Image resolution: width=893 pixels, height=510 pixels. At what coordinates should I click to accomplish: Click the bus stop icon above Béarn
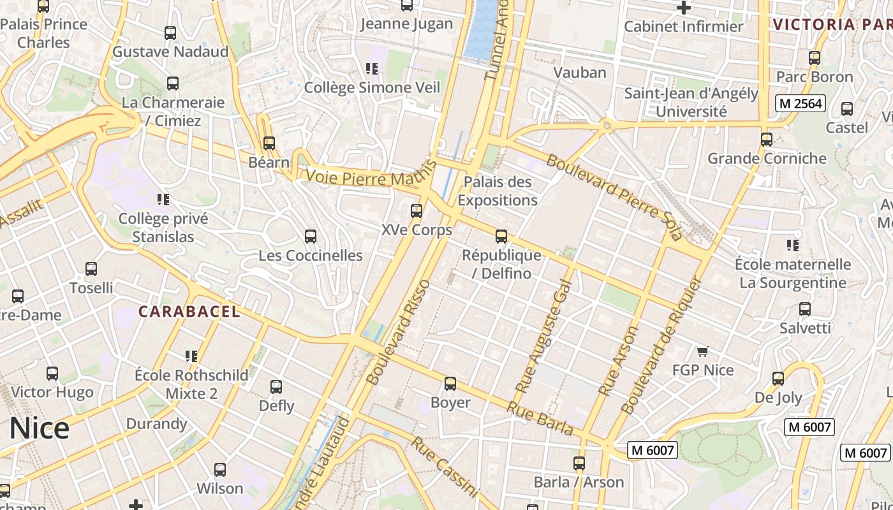tap(269, 143)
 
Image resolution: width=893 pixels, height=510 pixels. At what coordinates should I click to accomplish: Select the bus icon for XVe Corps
tap(417, 210)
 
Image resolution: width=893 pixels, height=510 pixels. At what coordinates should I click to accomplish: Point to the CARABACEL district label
tap(189, 312)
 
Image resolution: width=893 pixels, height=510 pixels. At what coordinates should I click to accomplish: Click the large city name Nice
tap(39, 428)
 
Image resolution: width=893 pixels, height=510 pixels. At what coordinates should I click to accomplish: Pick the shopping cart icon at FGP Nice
tap(703, 351)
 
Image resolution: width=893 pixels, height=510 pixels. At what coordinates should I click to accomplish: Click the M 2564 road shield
tap(801, 103)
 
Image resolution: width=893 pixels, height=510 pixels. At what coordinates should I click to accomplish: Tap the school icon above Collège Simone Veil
tap(373, 68)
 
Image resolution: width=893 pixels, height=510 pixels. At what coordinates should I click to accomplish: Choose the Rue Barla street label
tap(541, 418)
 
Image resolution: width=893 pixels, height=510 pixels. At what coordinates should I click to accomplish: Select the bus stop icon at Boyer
tap(450, 384)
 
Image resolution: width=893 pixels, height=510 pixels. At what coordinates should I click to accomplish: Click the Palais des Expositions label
tap(498, 191)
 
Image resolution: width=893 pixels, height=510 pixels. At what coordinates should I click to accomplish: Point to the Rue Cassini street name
tap(444, 467)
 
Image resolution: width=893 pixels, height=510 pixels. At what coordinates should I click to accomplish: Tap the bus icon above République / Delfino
tap(501, 237)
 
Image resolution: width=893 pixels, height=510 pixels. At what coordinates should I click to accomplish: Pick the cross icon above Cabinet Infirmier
tap(684, 8)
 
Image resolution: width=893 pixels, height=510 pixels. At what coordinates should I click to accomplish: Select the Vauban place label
tap(580, 72)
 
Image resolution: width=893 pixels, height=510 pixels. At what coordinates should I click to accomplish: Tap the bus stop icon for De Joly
tap(778, 379)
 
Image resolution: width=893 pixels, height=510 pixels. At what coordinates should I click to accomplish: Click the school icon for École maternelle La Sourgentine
tap(793, 245)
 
